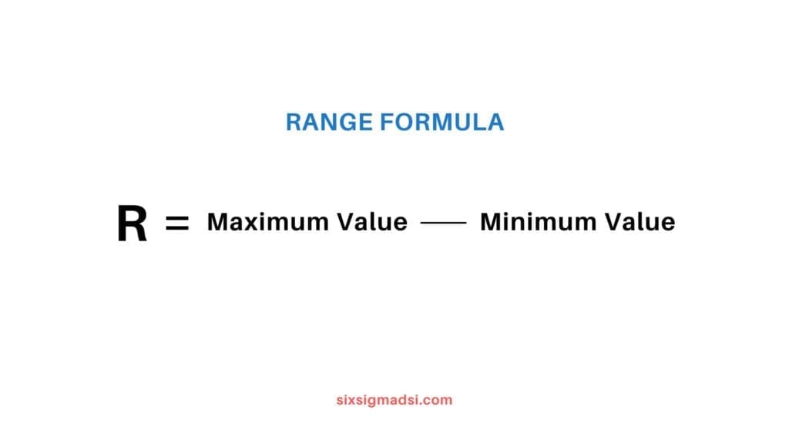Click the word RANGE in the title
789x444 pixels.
pyautogui.click(x=327, y=122)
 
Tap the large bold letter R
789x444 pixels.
pyautogui.click(x=132, y=224)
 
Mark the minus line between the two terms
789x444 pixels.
pyautogui.click(x=443, y=223)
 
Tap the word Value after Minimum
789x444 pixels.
pyautogui.click(x=640, y=222)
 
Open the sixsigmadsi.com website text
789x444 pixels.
pyautogui.click(x=394, y=400)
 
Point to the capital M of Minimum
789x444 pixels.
pyautogui.click(x=490, y=222)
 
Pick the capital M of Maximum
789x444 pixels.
pyautogui.click(x=218, y=222)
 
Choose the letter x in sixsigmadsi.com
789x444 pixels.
pyautogui.click(x=352, y=400)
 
